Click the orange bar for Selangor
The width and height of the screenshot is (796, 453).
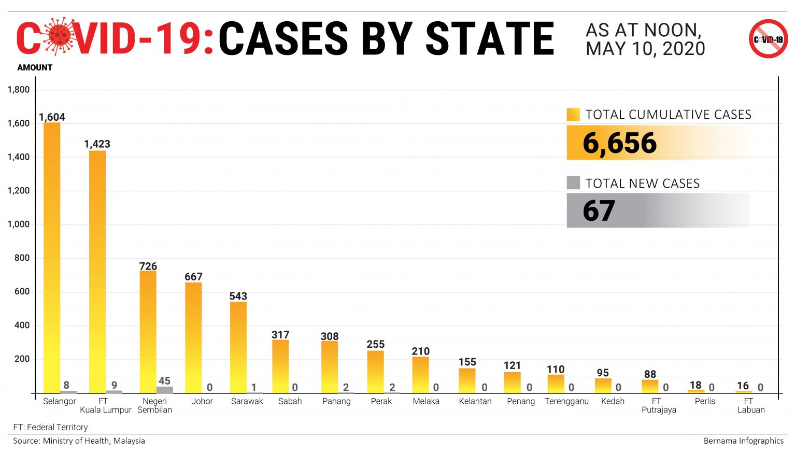tap(52, 259)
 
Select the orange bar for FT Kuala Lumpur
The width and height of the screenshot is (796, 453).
tap(97, 272)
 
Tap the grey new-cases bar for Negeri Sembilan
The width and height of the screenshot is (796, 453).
tap(165, 390)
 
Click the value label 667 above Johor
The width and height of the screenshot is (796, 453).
tap(193, 277)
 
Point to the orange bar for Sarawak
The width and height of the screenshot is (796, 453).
tap(238, 347)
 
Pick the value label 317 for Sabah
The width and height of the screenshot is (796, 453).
tap(280, 335)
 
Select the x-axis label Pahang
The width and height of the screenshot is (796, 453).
tap(336, 401)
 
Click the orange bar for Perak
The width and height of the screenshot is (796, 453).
tap(376, 372)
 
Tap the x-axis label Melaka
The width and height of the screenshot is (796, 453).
tap(426, 401)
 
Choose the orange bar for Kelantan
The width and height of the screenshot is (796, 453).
tap(467, 380)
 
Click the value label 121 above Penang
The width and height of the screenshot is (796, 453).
tap(512, 365)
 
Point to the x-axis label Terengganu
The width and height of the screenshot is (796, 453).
tap(566, 401)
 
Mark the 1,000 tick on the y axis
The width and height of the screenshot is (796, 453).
tap(19, 224)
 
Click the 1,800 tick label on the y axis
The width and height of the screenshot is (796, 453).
tap(19, 90)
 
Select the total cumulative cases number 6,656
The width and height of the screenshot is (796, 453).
tap(620, 143)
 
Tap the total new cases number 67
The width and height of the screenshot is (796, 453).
tap(599, 211)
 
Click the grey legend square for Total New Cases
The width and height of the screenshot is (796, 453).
tap(573, 183)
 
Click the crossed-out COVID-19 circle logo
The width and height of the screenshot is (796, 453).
tap(768, 39)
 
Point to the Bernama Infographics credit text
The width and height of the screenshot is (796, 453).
tap(743, 441)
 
